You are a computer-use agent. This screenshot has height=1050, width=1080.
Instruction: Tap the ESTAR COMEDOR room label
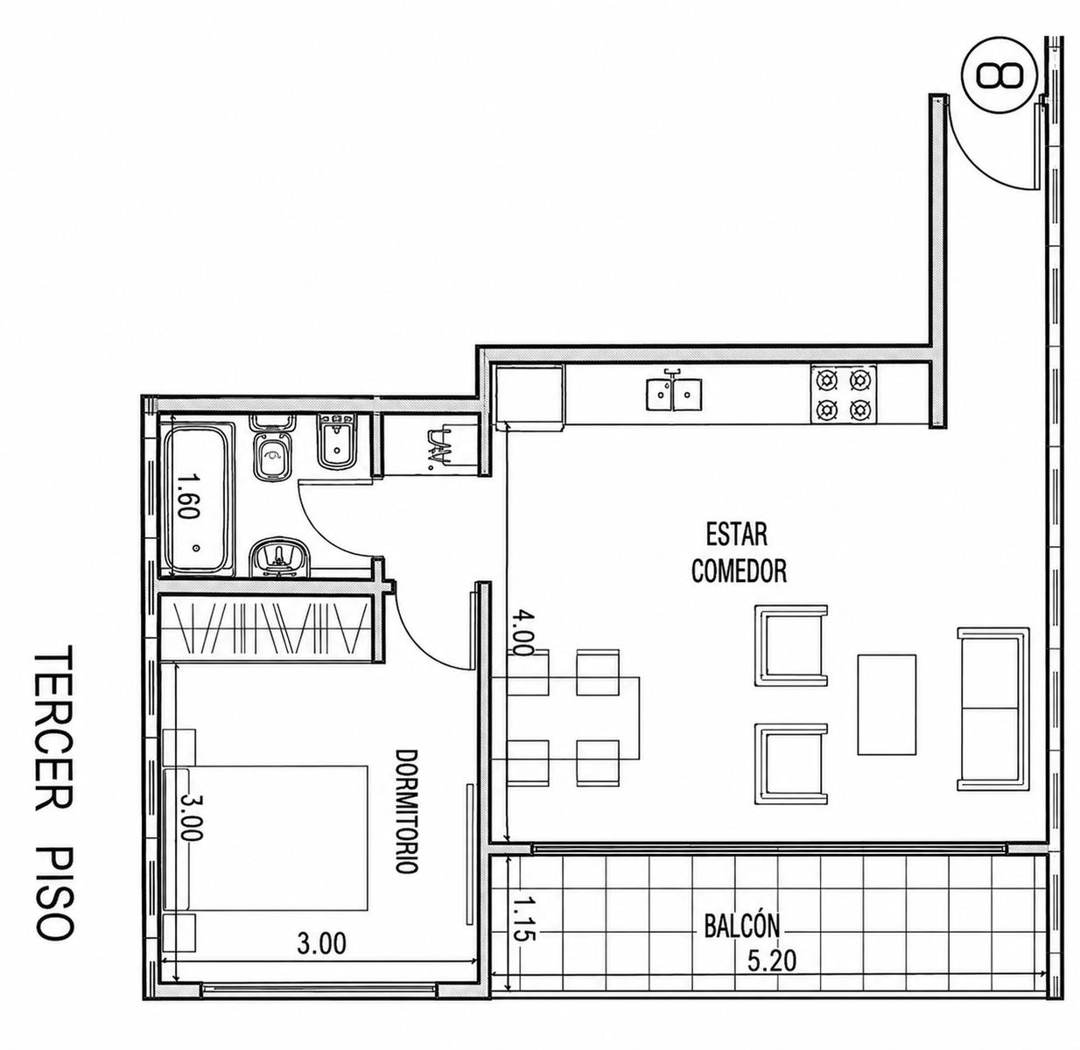(x=739, y=553)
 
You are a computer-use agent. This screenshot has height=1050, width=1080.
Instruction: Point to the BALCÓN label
(x=742, y=925)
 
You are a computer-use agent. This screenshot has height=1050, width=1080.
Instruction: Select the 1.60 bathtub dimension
(x=189, y=495)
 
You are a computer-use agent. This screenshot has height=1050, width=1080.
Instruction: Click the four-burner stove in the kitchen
(x=843, y=395)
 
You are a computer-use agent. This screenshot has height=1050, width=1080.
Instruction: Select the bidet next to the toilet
(x=338, y=441)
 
